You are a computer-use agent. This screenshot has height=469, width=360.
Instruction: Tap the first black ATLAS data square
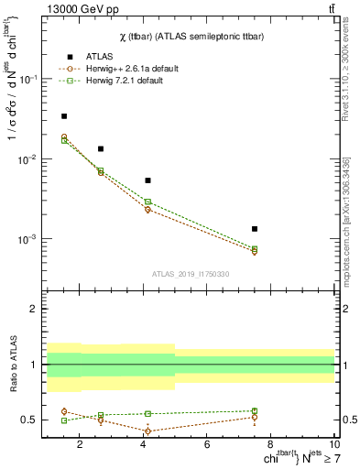tap(63, 116)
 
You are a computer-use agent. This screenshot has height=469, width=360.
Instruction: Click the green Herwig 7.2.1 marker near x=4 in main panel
tap(147, 202)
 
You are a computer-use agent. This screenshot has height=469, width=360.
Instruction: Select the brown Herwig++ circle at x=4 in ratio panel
tap(147, 431)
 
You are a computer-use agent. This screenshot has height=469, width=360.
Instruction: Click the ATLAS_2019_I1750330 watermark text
tap(190, 273)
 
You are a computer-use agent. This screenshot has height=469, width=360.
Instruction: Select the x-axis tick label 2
tap(80, 445)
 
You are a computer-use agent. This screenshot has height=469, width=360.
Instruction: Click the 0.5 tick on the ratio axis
tap(30, 420)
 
